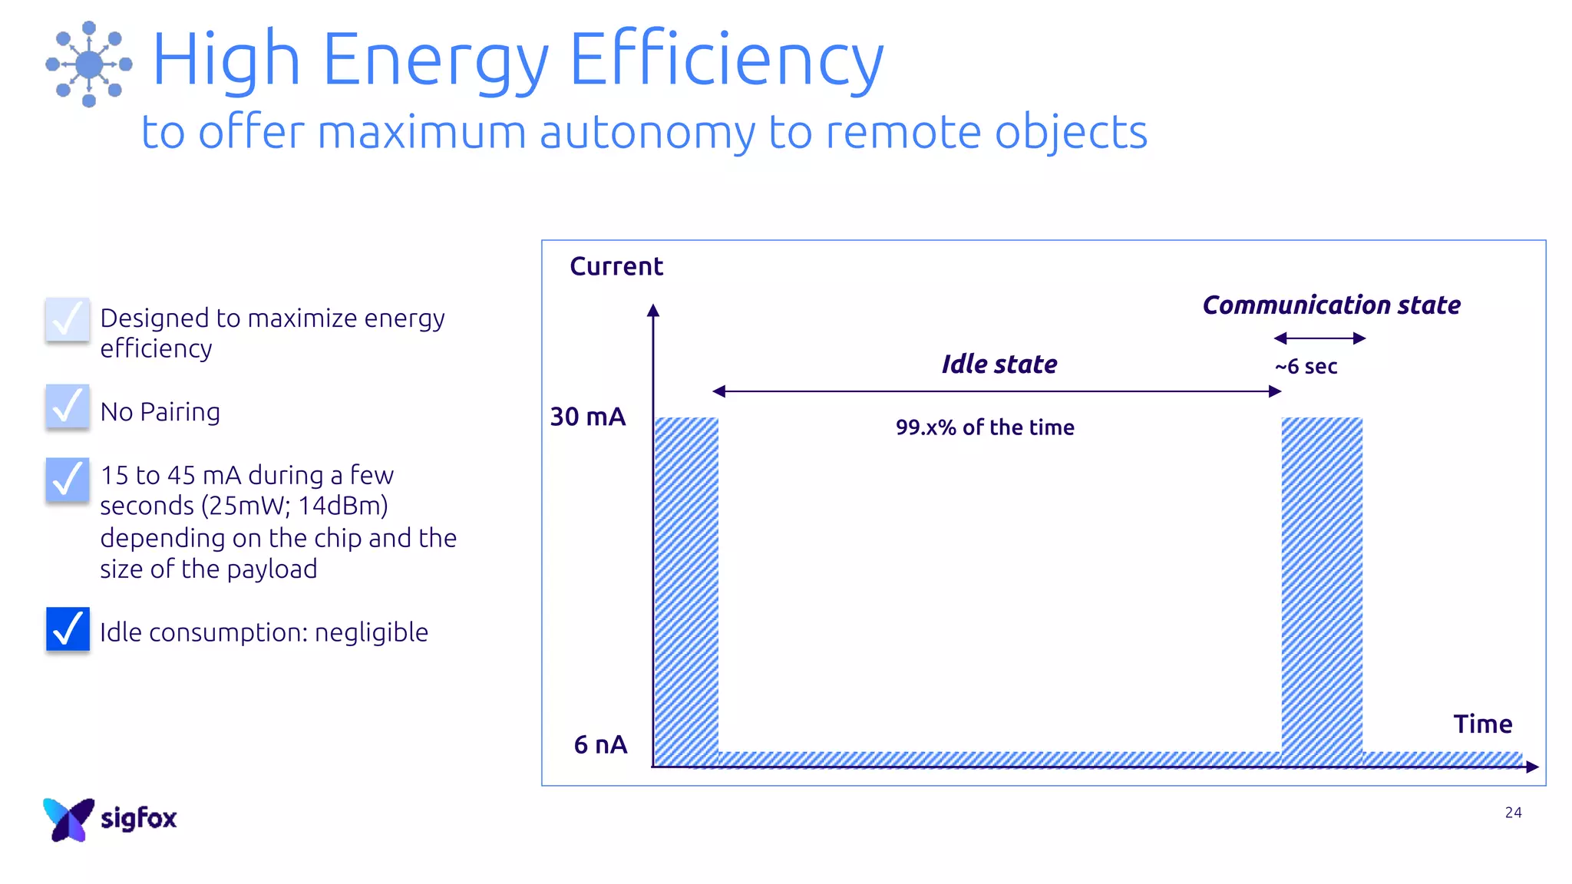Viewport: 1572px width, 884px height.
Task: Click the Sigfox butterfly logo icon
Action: [68, 820]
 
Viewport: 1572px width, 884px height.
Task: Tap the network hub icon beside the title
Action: [89, 64]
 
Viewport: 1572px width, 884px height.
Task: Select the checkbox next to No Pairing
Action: [68, 406]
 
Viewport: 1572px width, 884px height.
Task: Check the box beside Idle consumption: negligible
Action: [68, 628]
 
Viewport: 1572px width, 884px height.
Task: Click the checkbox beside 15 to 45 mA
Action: [68, 480]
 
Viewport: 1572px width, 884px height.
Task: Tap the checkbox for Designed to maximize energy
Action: [68, 319]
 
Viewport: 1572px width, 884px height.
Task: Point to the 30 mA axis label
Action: [588, 417]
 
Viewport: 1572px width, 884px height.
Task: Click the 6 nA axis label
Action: [600, 744]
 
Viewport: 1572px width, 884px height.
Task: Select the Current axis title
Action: [616, 266]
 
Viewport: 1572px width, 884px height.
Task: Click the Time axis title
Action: [1482, 724]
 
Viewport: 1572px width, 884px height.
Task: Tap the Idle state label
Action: [999, 364]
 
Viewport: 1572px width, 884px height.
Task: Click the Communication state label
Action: [1331, 305]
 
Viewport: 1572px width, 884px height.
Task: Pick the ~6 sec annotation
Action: [1306, 367]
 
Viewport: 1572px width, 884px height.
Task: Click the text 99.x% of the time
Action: [985, 427]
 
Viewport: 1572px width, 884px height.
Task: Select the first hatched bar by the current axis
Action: [686, 591]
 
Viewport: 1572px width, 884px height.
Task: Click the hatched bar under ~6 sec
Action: [1322, 591]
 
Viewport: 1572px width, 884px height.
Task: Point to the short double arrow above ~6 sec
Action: [1319, 338]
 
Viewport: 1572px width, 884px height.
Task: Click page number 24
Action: [1513, 813]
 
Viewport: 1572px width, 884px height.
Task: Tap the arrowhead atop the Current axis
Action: [653, 310]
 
